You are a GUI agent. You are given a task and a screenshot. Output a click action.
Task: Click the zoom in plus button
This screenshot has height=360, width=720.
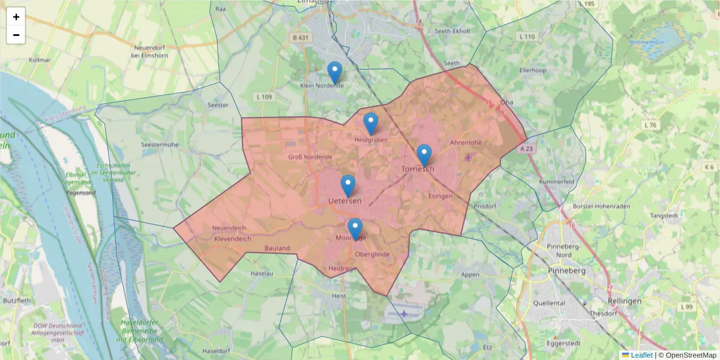[x=16, y=17]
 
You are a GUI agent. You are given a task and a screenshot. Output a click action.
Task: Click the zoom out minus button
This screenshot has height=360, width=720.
[x=16, y=35]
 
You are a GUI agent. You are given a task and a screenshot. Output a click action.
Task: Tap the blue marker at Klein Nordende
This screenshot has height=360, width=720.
[x=335, y=73]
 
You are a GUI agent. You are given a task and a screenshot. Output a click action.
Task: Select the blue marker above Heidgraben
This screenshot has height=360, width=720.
[x=371, y=124]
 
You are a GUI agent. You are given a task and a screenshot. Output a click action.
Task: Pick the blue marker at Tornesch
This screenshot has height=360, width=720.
[x=424, y=155]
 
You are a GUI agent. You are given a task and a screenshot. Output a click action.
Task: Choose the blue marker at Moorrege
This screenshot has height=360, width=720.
[x=355, y=229]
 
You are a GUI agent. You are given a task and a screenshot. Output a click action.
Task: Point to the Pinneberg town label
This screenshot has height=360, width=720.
[x=566, y=271]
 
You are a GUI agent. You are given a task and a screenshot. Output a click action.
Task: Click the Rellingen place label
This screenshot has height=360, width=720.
[x=624, y=301]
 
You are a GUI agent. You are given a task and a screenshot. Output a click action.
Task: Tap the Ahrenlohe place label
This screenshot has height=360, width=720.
[x=466, y=143]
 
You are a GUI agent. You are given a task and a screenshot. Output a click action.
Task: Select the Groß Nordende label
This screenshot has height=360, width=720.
[x=310, y=157]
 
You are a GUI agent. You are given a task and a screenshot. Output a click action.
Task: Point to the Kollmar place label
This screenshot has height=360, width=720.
[x=40, y=61]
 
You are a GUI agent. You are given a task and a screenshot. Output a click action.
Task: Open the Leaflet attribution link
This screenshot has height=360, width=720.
[x=641, y=355]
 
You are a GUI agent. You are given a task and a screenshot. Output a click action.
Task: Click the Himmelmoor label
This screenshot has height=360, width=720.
[x=647, y=42]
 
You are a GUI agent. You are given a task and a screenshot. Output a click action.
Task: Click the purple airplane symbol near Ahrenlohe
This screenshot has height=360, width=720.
[x=469, y=157]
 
